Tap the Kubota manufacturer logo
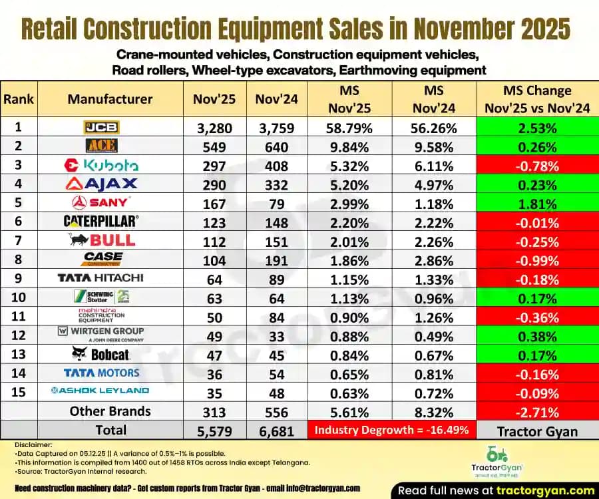[101, 165]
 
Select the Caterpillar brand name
[101, 221]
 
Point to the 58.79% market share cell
[349, 128]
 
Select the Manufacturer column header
[110, 99]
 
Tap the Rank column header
[19, 99]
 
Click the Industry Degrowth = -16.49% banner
[392, 430]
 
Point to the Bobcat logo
[101, 354]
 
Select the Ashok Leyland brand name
[101, 391]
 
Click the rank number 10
[19, 297]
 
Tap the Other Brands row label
[110, 411]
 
